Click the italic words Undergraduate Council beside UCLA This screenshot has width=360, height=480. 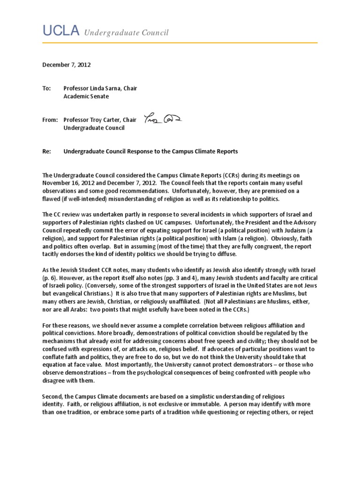click(x=126, y=32)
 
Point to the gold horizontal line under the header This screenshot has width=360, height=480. click(x=180, y=43)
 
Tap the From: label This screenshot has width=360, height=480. click(x=49, y=120)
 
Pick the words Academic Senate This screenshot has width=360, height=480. click(x=86, y=96)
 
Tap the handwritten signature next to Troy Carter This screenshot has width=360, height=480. click(x=164, y=119)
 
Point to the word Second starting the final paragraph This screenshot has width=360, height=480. click(x=53, y=396)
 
